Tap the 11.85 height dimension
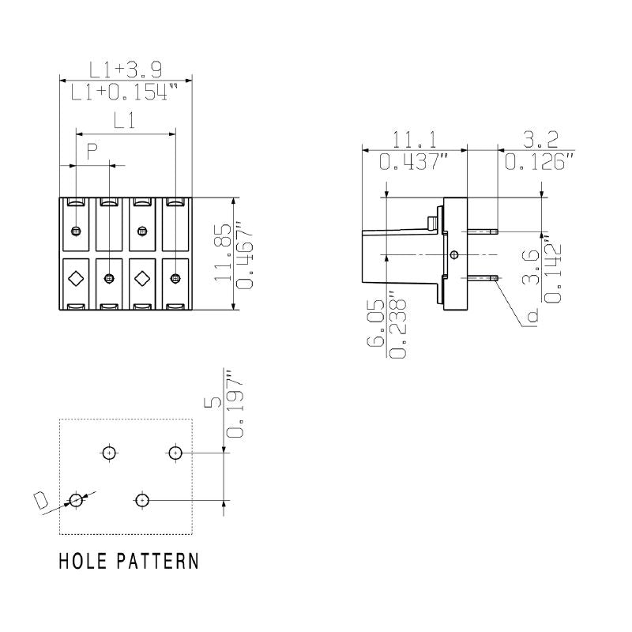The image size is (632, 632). (224, 253)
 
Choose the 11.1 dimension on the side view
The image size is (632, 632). (414, 140)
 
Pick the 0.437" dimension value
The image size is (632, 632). (414, 162)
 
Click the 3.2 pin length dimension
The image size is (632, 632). (540, 140)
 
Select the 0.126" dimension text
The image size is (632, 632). (540, 162)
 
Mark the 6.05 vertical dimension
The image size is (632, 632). (376, 328)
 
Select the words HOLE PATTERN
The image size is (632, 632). (129, 562)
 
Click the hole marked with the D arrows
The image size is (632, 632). (76, 500)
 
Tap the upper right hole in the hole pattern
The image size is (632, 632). (175, 453)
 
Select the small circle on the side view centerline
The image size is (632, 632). (453, 254)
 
